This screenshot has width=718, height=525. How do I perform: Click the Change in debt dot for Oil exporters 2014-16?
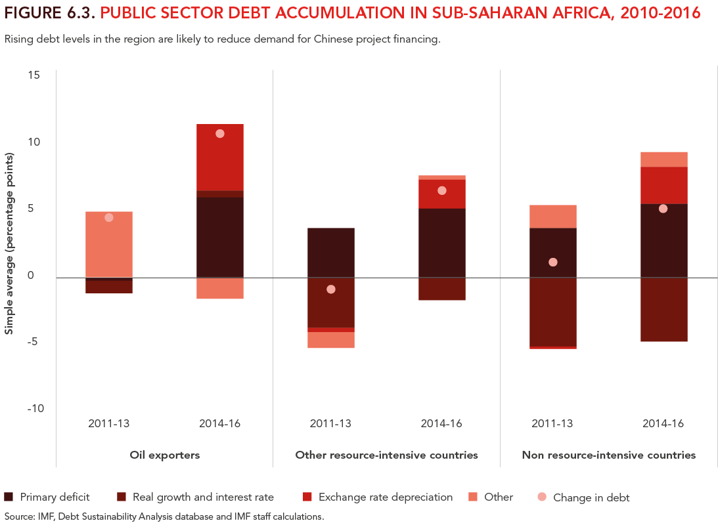coord(220,133)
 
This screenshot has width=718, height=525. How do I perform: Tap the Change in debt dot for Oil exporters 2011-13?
coord(109,217)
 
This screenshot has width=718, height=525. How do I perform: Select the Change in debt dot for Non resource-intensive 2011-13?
coord(552,262)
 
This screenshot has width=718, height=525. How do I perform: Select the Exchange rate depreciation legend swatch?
coord(307,497)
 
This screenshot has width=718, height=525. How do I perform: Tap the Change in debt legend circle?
coord(542,497)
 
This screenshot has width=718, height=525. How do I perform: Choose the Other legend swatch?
coord(474,497)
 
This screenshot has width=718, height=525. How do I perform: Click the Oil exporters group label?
coord(164,455)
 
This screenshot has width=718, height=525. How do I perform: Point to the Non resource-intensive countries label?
coord(608,455)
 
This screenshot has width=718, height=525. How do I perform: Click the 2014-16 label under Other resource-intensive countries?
coord(441,423)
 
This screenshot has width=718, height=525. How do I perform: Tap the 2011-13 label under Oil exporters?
coord(109,423)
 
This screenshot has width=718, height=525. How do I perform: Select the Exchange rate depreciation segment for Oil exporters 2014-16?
coord(220,157)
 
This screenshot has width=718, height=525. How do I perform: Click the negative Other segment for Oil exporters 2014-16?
coord(220,288)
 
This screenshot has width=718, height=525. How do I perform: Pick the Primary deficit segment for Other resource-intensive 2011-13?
coord(331,253)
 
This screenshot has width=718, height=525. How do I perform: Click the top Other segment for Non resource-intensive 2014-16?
coord(663,159)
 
